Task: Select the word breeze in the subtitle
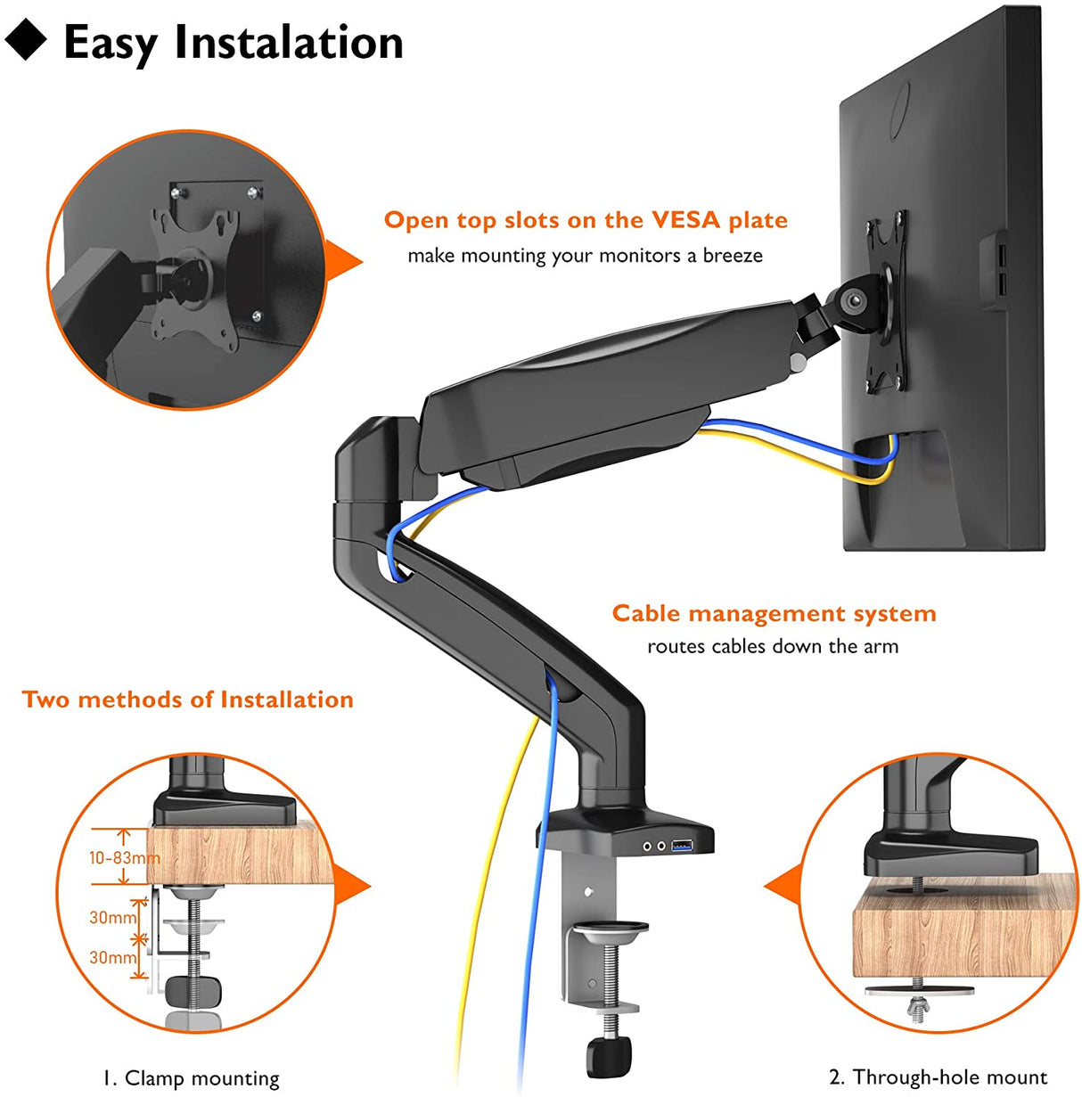coord(733,256)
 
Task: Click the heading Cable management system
coord(774,613)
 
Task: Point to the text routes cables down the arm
coord(773,646)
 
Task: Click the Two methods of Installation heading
coord(188,700)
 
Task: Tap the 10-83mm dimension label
coord(124,857)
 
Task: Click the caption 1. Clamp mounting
coord(191,1077)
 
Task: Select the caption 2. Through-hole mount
coord(938,1077)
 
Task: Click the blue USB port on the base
coord(684,845)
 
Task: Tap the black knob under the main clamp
coord(609,1057)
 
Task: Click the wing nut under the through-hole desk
coord(917,1006)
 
